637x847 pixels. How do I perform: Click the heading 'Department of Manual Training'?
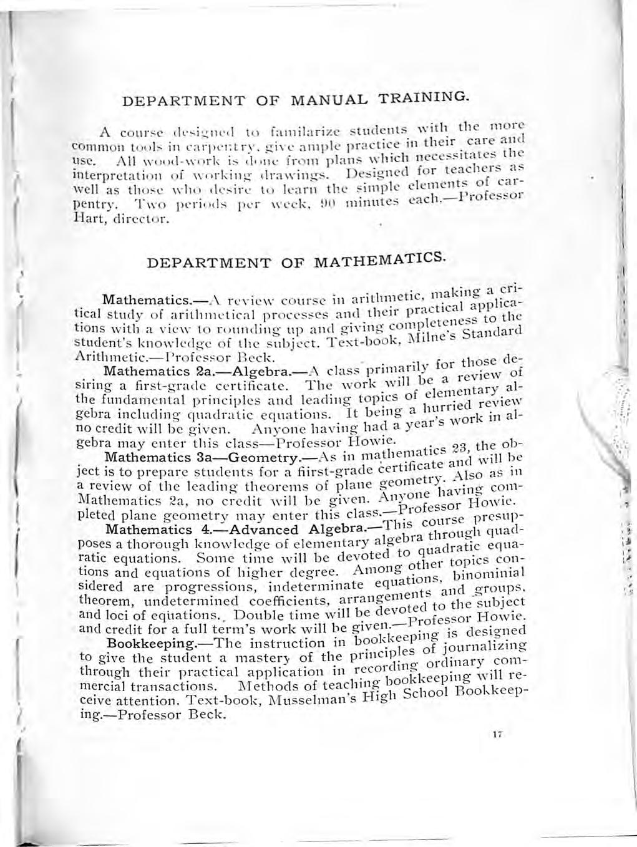(x=293, y=100)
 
